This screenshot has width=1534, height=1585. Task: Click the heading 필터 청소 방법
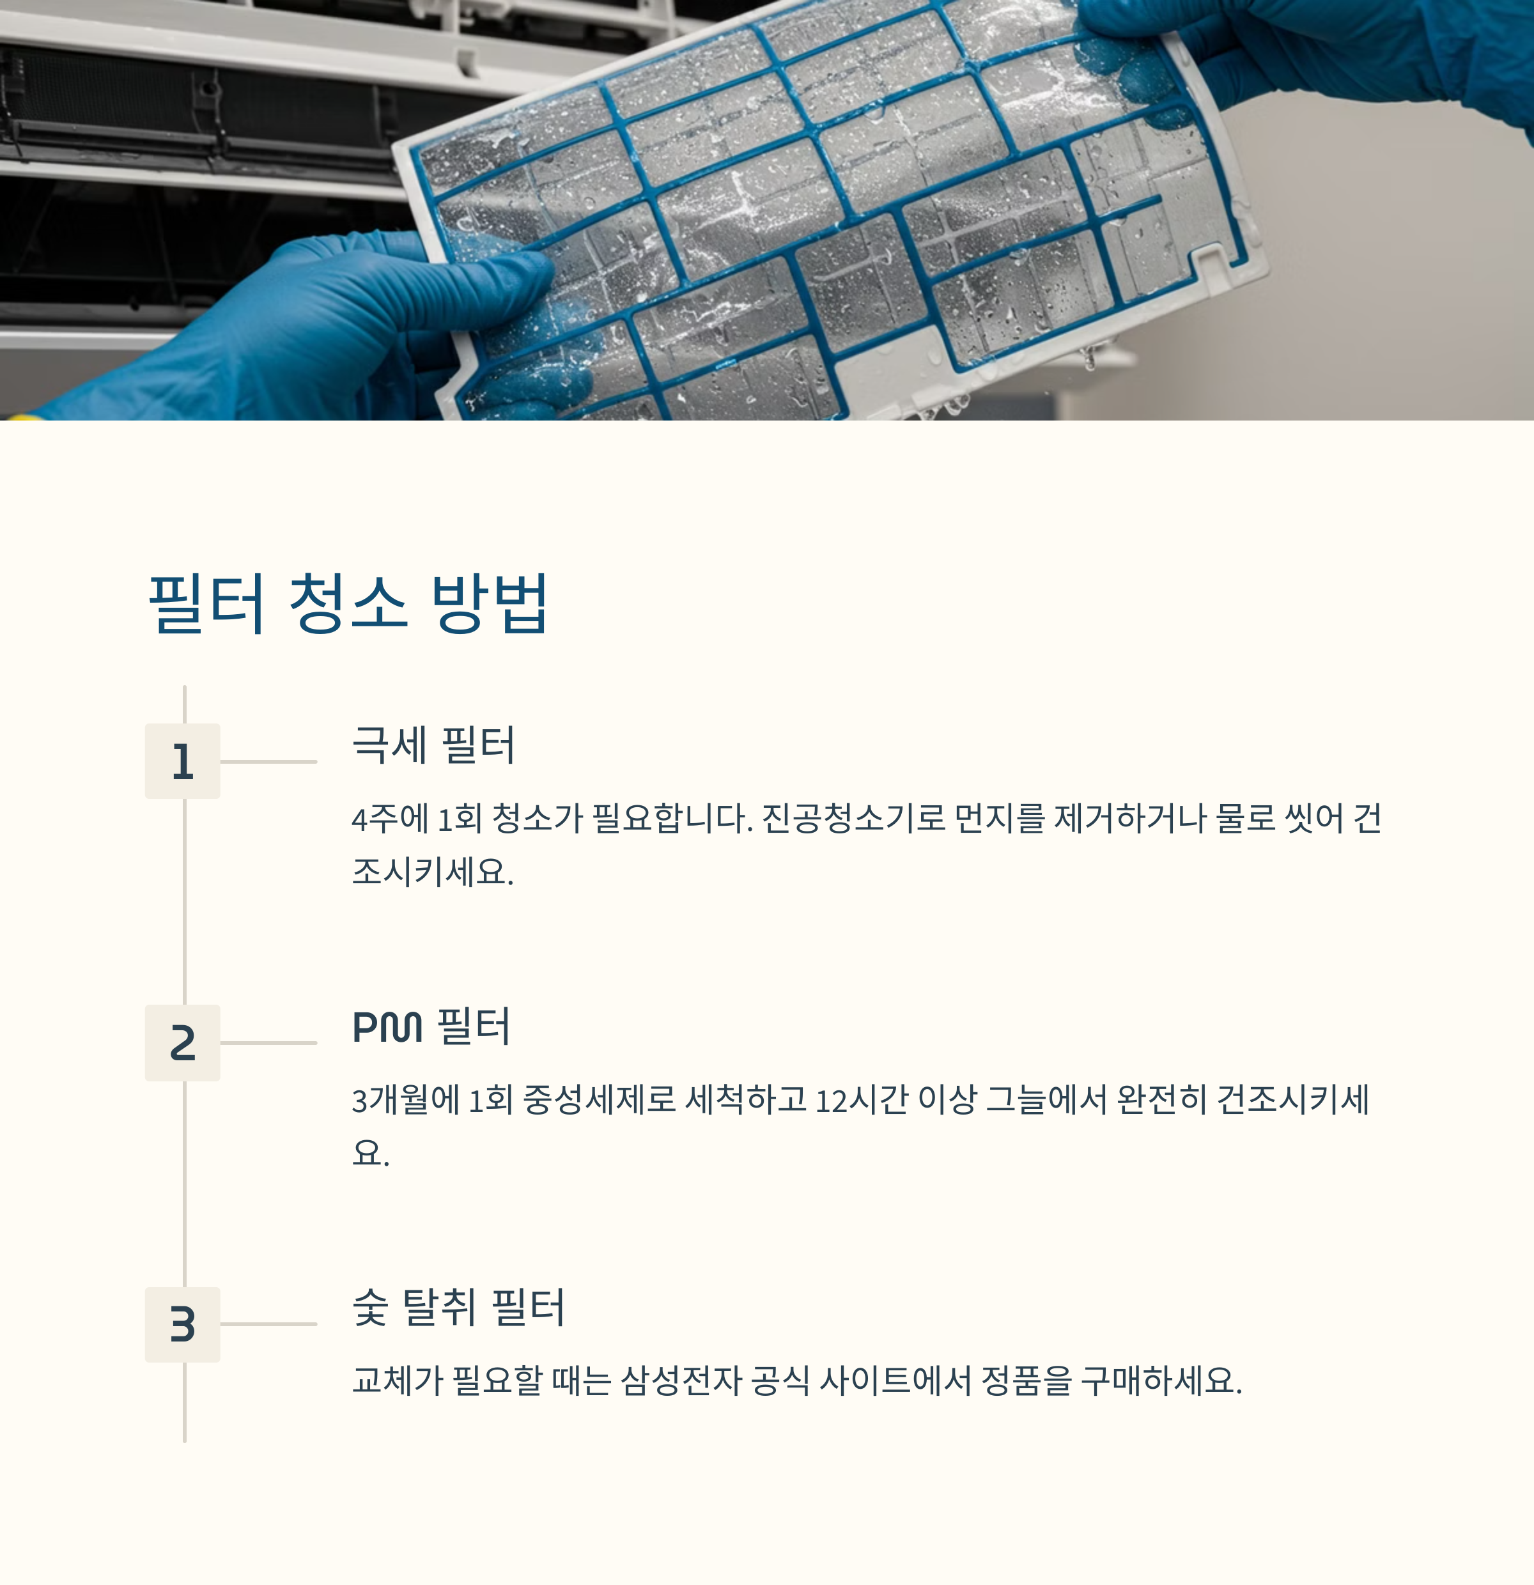pyautogui.click(x=348, y=603)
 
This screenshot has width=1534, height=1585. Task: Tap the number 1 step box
pyautogui.click(x=182, y=761)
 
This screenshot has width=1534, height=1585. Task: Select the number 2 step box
pyautogui.click(x=182, y=1042)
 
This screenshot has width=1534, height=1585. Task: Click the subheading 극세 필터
pyautogui.click(x=433, y=745)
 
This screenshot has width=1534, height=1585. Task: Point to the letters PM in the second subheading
pyautogui.click(x=387, y=1027)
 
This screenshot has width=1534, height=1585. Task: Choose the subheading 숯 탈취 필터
pyautogui.click(x=458, y=1308)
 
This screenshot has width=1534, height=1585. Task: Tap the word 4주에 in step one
pyautogui.click(x=391, y=818)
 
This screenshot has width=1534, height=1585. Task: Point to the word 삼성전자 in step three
pyautogui.click(x=681, y=1380)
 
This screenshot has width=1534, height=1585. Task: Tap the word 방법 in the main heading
pyautogui.click(x=490, y=603)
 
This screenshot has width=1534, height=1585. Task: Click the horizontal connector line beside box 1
pyautogui.click(x=268, y=761)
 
